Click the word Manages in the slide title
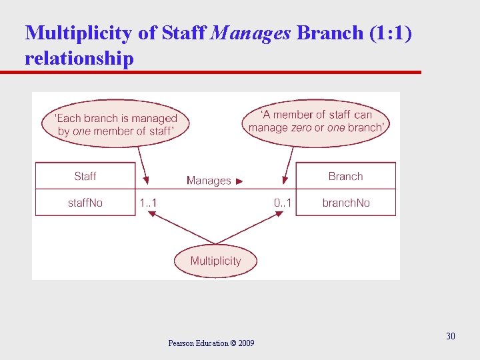[x=250, y=33]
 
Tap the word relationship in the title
[x=79, y=58]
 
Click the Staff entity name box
[x=85, y=176]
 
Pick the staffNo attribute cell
[x=85, y=203]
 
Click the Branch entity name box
[x=345, y=176]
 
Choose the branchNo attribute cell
[x=345, y=203]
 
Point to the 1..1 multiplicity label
[x=148, y=203]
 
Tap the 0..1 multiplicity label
[x=283, y=203]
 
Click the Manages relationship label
[x=209, y=181]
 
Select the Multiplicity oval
[x=215, y=261]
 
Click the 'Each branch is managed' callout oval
[x=117, y=125]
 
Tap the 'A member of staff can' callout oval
[x=316, y=121]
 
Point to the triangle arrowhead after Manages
[x=240, y=181]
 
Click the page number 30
[x=451, y=336]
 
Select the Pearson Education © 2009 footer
[x=211, y=343]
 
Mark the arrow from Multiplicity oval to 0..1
[x=249, y=227]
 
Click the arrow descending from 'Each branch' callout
[x=142, y=164]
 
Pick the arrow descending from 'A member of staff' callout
[x=289, y=164]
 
